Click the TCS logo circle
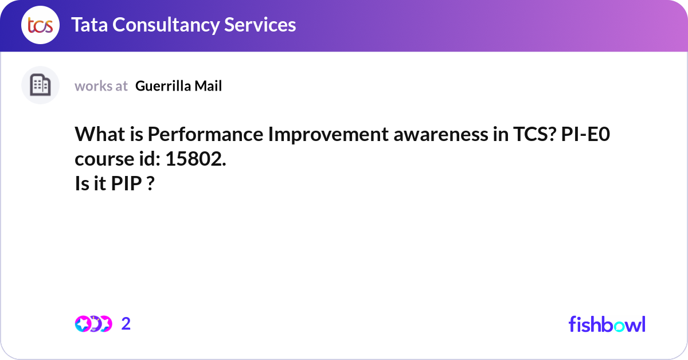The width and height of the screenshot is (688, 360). click(40, 25)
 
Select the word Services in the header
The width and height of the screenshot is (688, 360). click(264, 25)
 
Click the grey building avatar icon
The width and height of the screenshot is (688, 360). click(40, 85)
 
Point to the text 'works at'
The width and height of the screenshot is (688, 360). click(101, 86)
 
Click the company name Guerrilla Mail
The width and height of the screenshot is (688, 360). click(178, 86)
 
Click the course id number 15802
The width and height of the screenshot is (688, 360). click(196, 159)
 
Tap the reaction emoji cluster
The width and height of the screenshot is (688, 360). click(93, 324)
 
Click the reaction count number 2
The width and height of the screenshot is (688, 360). click(126, 324)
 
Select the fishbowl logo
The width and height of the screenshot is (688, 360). click(607, 324)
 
